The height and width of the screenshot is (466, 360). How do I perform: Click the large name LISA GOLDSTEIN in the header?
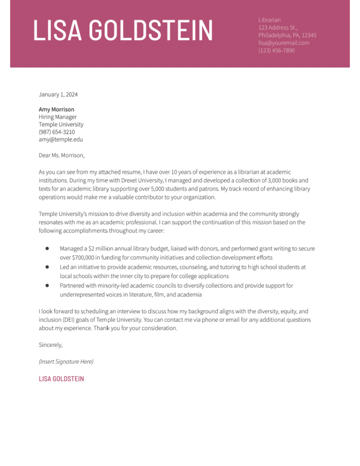click(x=123, y=30)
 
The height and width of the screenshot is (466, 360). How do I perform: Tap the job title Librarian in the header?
click(x=270, y=20)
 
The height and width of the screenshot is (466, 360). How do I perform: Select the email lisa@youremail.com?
click(x=284, y=43)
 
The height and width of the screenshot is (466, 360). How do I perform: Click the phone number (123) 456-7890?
click(x=277, y=50)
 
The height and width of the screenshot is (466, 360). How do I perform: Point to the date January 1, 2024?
click(x=58, y=94)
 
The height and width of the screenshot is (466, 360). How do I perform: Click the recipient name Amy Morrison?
click(x=56, y=109)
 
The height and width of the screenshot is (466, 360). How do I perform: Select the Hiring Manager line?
click(x=58, y=117)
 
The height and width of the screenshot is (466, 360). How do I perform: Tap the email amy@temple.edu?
click(x=60, y=139)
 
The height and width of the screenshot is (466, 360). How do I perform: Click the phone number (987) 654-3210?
click(x=57, y=132)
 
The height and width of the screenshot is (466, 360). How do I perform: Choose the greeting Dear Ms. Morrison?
click(x=61, y=155)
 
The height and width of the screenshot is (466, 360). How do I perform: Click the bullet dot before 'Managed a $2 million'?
click(x=48, y=248)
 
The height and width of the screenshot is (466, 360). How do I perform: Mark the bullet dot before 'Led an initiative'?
click(x=48, y=267)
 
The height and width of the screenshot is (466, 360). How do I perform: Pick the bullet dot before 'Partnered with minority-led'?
click(x=48, y=285)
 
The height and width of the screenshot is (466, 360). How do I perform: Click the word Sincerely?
click(x=51, y=345)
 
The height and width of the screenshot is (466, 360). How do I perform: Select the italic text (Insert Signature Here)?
click(x=66, y=361)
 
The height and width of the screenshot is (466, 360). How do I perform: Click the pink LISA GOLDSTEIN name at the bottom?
click(x=61, y=379)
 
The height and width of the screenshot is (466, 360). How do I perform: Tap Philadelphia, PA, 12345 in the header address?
click(x=287, y=35)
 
